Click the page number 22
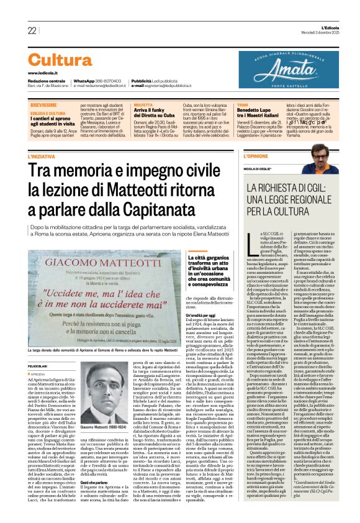click(32, 30)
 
